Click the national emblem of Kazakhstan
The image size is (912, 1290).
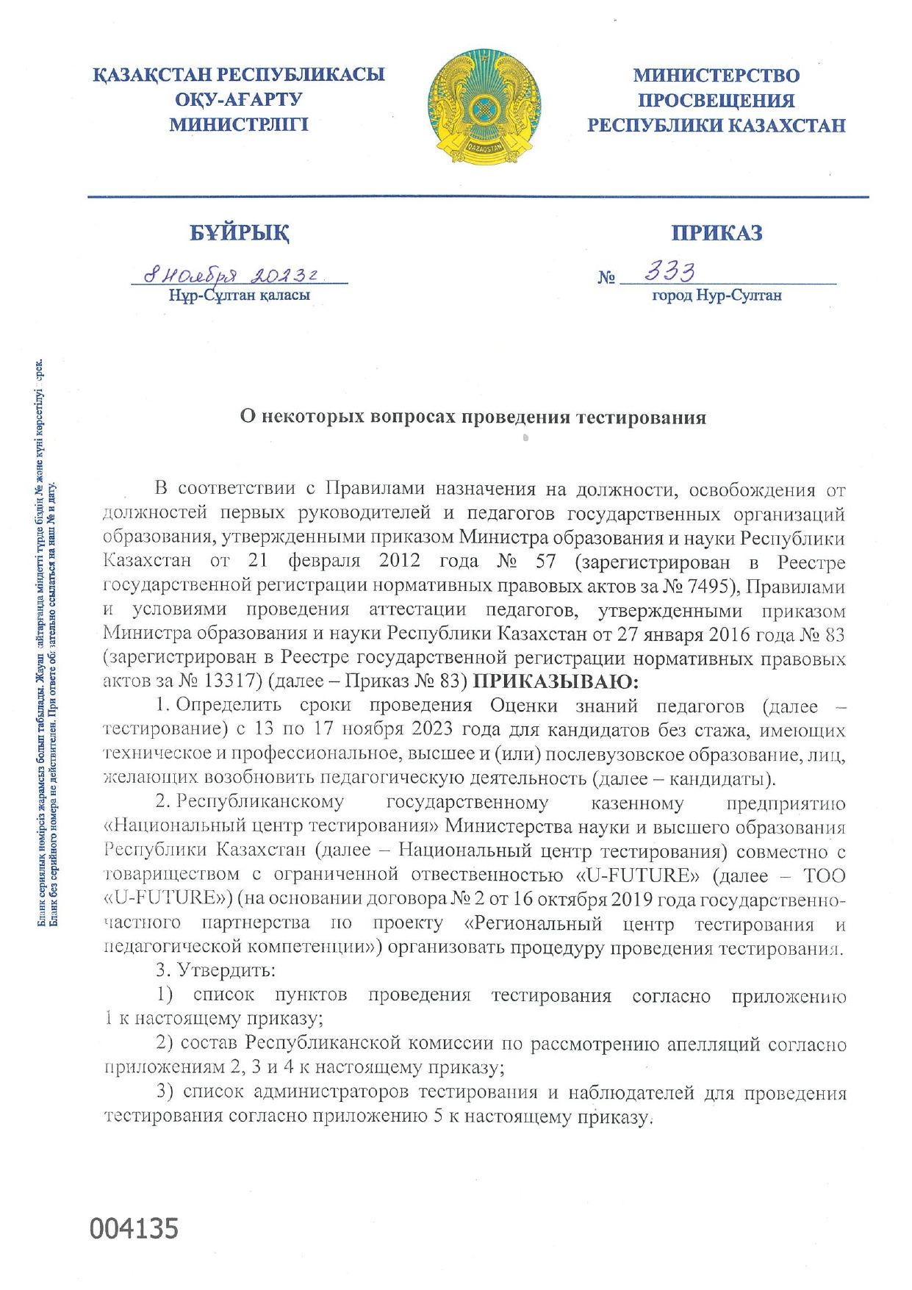(484, 107)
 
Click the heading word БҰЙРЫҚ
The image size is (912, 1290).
(240, 233)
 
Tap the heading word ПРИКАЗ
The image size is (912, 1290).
(717, 233)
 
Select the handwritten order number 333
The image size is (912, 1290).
(669, 273)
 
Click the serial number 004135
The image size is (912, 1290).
(134, 1228)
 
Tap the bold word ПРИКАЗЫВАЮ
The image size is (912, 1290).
(556, 681)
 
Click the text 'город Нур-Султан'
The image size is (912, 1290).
(717, 295)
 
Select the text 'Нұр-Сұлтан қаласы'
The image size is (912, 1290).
(240, 295)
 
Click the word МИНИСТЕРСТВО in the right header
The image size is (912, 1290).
(717, 75)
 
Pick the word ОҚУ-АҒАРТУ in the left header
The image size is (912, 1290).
(239, 99)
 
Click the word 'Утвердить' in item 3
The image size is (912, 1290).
(226, 970)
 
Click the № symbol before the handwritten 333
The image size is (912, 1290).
(606, 278)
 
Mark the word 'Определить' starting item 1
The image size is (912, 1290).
(229, 705)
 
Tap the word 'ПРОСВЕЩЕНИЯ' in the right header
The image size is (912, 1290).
(717, 100)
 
